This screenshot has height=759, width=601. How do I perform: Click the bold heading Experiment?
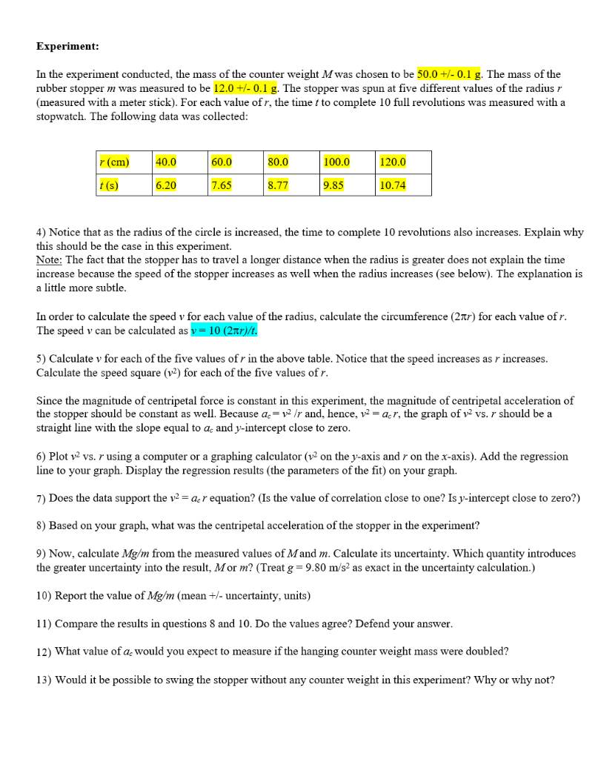[67, 46]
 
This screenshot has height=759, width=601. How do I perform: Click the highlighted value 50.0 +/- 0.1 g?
[450, 74]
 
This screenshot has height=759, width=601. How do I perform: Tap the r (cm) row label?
[114, 162]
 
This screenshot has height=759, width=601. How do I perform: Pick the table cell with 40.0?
[166, 162]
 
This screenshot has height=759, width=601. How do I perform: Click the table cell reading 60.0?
[222, 162]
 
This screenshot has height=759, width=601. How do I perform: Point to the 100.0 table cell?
[336, 162]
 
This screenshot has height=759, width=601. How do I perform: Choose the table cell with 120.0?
[393, 162]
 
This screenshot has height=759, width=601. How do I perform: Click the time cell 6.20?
[166, 185]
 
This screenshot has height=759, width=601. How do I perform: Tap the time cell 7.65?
[222, 185]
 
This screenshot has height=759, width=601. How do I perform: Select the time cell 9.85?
[334, 185]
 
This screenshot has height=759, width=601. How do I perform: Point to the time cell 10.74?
[393, 185]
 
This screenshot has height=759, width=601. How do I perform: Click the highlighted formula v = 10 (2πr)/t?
[226, 331]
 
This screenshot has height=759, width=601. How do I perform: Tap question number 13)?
[44, 680]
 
